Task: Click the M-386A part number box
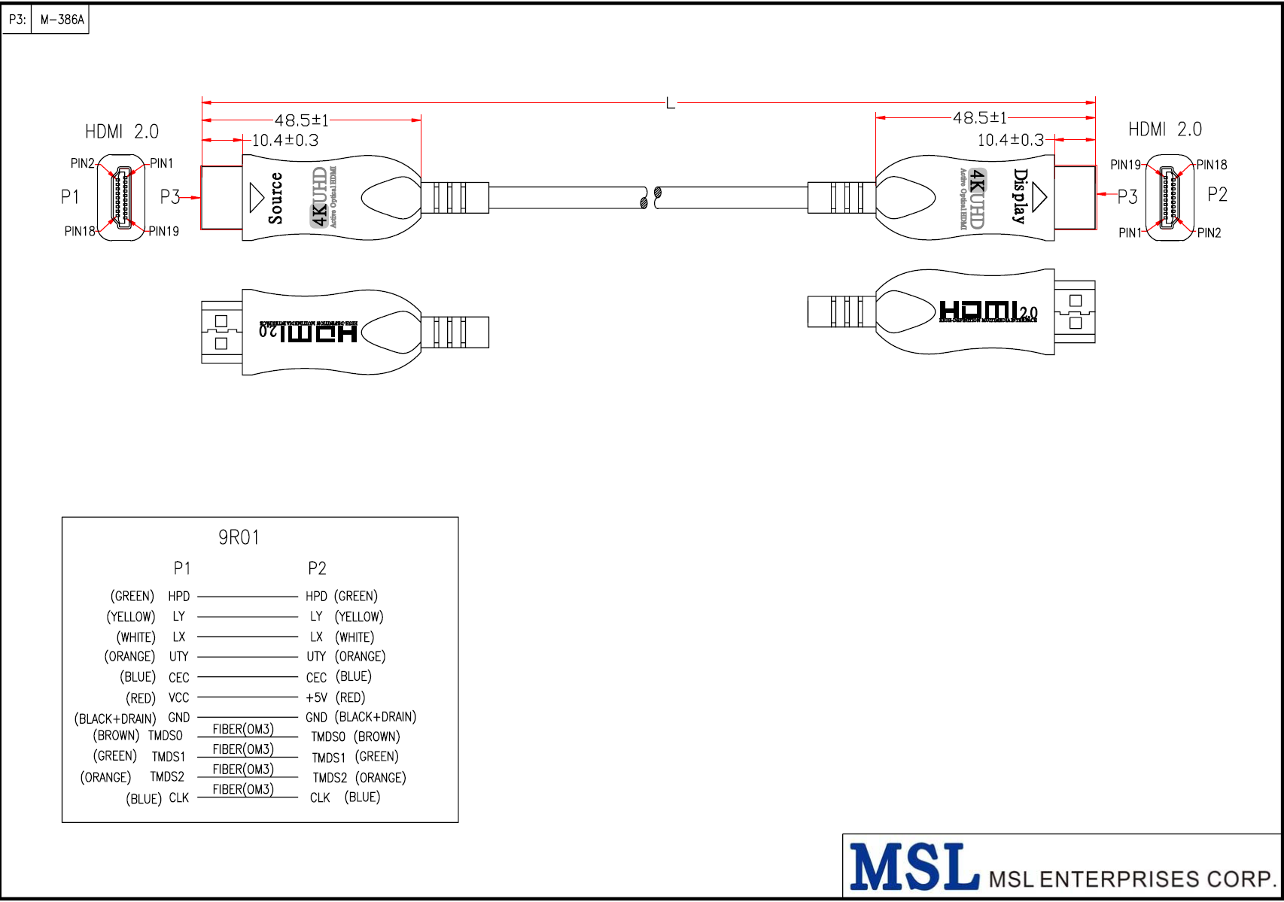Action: click(61, 20)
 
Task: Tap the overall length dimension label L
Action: click(670, 103)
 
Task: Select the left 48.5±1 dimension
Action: click(301, 120)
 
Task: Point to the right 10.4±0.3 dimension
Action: click(1010, 140)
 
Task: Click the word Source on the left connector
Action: click(275, 198)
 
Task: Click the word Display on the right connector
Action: click(1019, 196)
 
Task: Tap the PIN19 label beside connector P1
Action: click(163, 231)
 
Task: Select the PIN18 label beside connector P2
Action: click(1211, 165)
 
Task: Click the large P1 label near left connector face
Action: click(70, 197)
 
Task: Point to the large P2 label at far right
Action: click(1217, 195)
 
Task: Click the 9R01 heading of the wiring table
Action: click(239, 537)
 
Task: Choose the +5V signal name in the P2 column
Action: click(316, 697)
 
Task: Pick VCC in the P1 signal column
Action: click(178, 697)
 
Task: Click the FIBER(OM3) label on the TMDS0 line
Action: click(243, 729)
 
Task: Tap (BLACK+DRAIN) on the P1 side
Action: click(115, 718)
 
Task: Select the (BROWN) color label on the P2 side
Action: click(376, 736)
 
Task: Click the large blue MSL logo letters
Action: click(914, 867)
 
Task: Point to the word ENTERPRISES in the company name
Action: click(1121, 879)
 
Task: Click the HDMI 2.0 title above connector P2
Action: click(1164, 129)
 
